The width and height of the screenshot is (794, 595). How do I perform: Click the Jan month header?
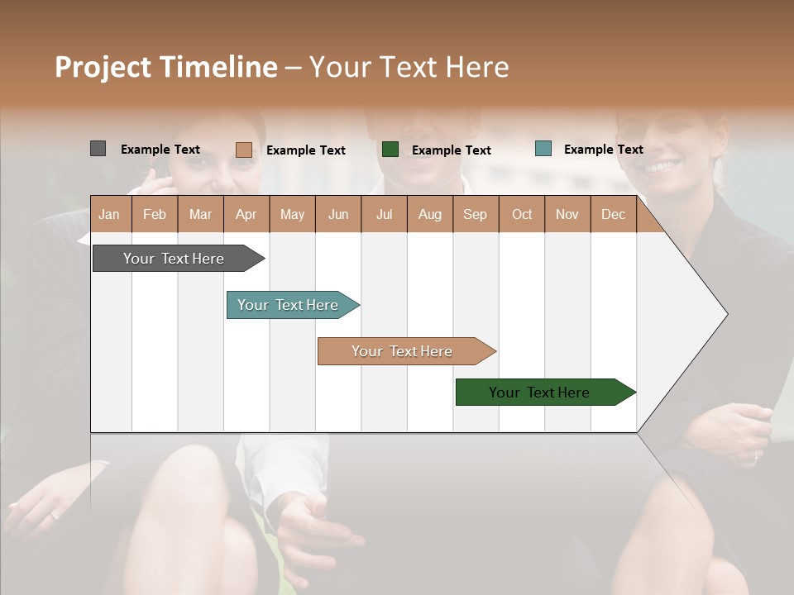click(x=109, y=215)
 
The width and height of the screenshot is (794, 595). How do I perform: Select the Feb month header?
click(x=155, y=215)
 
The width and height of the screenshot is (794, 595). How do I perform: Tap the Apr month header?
click(x=246, y=215)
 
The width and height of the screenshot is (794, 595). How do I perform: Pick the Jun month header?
click(x=338, y=215)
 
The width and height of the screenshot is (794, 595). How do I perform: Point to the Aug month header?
click(x=429, y=215)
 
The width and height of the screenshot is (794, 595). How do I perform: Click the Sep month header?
click(x=475, y=215)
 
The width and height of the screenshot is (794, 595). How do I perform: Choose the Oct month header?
click(x=522, y=215)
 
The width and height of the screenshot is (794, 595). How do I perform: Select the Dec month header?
click(x=613, y=215)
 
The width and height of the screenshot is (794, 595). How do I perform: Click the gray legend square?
click(x=98, y=149)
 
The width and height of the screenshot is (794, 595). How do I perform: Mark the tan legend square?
click(x=244, y=150)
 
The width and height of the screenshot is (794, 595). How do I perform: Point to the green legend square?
click(x=390, y=150)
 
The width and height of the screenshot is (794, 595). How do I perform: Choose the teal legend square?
click(x=543, y=149)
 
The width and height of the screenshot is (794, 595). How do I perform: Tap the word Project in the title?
click(x=102, y=67)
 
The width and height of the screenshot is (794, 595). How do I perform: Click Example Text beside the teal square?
click(x=603, y=150)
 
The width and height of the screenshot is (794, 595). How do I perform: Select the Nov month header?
click(x=567, y=215)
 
